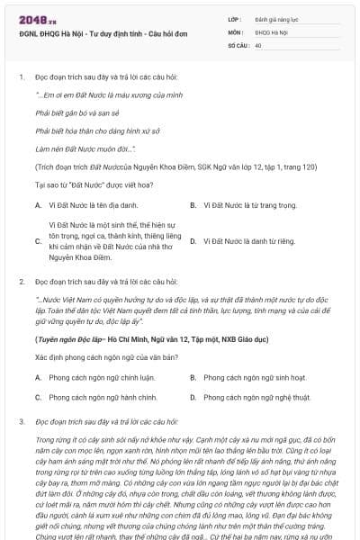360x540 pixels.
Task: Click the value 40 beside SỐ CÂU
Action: pyautogui.click(x=258, y=44)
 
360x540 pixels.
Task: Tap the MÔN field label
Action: pyautogui.click(x=236, y=31)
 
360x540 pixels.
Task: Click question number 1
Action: pyautogui.click(x=21, y=77)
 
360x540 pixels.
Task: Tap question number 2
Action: pyautogui.click(x=21, y=283)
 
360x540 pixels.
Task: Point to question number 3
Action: pyautogui.click(x=21, y=421)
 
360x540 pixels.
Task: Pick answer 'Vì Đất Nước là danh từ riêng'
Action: pyautogui.click(x=247, y=241)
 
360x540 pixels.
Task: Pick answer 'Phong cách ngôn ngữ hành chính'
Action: pyautogui.click(x=96, y=397)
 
